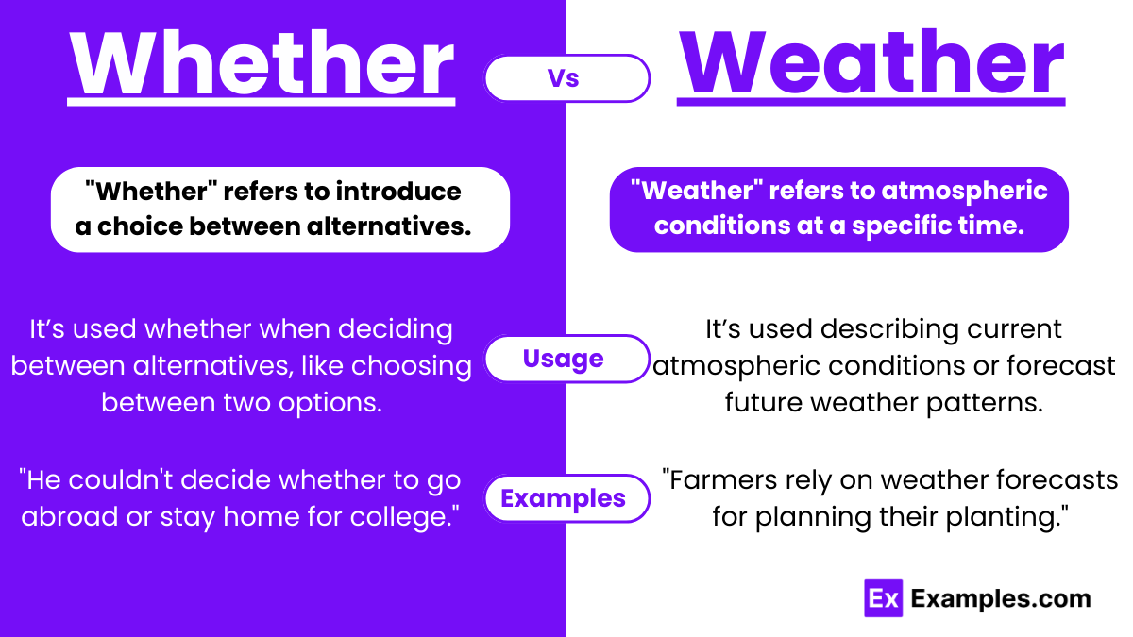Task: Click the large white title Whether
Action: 262,63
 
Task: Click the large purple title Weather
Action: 871,63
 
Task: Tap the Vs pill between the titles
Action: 566,78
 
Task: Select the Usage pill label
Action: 564,359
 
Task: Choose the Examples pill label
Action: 564,498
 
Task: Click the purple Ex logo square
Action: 884,598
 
